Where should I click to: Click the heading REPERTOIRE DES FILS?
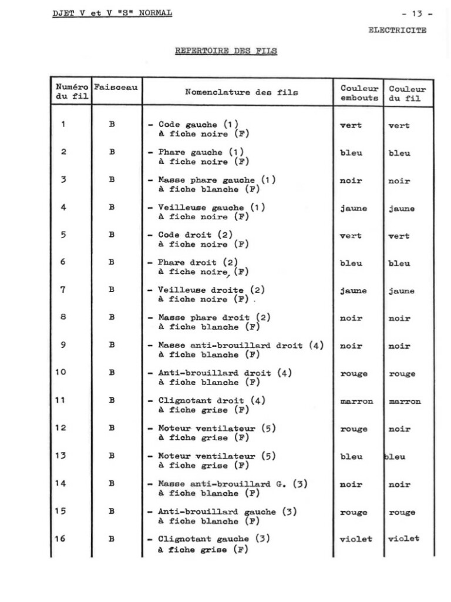(226, 51)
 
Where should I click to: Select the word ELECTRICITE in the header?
(398, 30)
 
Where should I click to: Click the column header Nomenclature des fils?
(241, 92)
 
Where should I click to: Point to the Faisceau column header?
(116, 87)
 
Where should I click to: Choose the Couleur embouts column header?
(359, 93)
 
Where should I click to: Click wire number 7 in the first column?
(63, 290)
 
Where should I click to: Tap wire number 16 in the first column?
(60, 539)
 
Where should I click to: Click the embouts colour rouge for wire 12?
(354, 429)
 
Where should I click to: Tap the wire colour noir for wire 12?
(399, 429)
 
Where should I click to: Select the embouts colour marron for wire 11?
(356, 402)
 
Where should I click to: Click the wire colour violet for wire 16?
(403, 539)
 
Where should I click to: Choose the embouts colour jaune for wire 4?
(353, 208)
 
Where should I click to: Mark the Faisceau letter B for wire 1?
(112, 125)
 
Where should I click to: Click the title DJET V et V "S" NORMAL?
(112, 13)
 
